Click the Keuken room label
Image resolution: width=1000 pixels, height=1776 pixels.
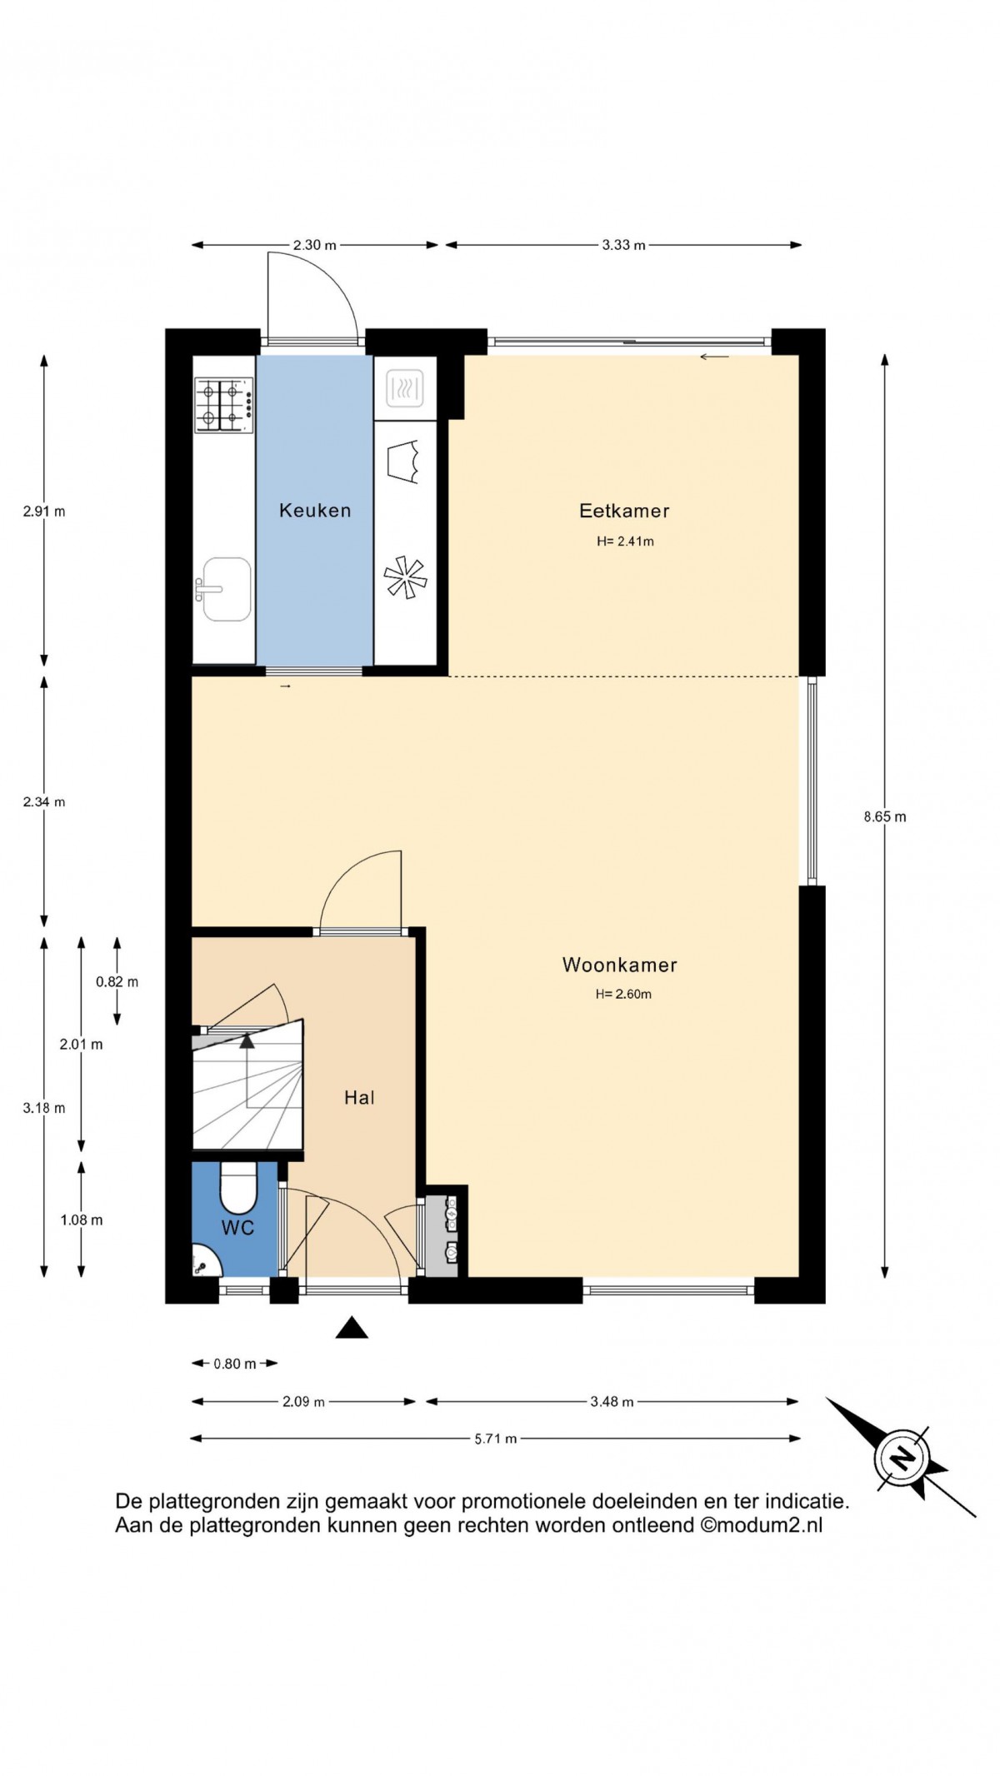click(315, 511)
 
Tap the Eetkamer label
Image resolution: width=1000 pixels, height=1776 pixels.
click(624, 511)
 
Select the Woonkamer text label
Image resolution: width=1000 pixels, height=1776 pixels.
click(620, 965)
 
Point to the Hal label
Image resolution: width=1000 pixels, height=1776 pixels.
click(359, 1098)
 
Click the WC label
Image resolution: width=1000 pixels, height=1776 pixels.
click(237, 1228)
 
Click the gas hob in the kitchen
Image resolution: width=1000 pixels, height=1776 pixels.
click(223, 405)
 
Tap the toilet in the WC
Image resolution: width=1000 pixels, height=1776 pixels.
click(237, 1187)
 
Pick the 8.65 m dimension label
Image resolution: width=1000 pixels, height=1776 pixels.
click(885, 817)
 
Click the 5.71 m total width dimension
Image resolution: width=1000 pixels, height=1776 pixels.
click(496, 1439)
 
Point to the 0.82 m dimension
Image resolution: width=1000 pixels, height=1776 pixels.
click(117, 981)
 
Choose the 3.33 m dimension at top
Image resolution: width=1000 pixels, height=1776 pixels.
click(624, 245)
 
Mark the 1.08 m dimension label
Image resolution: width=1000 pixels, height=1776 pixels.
click(82, 1220)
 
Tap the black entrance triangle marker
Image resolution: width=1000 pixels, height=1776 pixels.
click(352, 1327)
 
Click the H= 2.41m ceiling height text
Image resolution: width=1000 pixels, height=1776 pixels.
click(625, 541)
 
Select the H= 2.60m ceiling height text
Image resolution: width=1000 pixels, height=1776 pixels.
click(623, 994)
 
